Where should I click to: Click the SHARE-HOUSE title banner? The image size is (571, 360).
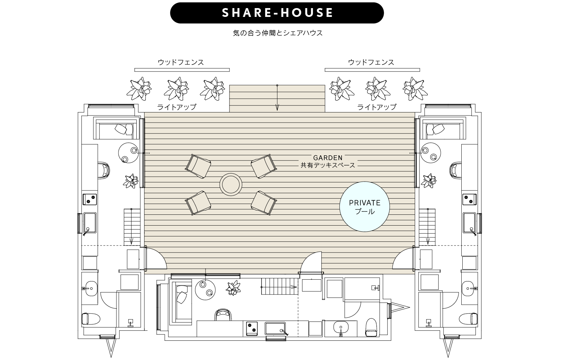(277, 13)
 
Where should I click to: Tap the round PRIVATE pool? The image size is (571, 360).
(364, 207)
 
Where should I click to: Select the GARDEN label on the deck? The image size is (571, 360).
(328, 158)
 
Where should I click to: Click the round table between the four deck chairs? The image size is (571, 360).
(231, 184)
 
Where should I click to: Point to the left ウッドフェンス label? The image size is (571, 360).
(181, 62)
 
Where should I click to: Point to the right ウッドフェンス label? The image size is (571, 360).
(371, 62)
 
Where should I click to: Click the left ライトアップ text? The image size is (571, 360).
(176, 107)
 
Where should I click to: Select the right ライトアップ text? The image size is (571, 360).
(377, 107)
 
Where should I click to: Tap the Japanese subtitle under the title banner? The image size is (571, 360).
(278, 33)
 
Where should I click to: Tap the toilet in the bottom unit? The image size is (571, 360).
(371, 327)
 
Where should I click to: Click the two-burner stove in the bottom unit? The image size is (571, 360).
(252, 328)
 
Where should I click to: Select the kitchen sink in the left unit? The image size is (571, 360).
(90, 223)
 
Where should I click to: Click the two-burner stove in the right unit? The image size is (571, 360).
(469, 199)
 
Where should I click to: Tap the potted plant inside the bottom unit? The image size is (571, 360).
(233, 288)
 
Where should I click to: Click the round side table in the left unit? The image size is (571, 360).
(129, 153)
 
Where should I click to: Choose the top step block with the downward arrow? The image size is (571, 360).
(277, 99)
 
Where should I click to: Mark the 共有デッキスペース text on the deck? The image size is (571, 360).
(328, 165)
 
